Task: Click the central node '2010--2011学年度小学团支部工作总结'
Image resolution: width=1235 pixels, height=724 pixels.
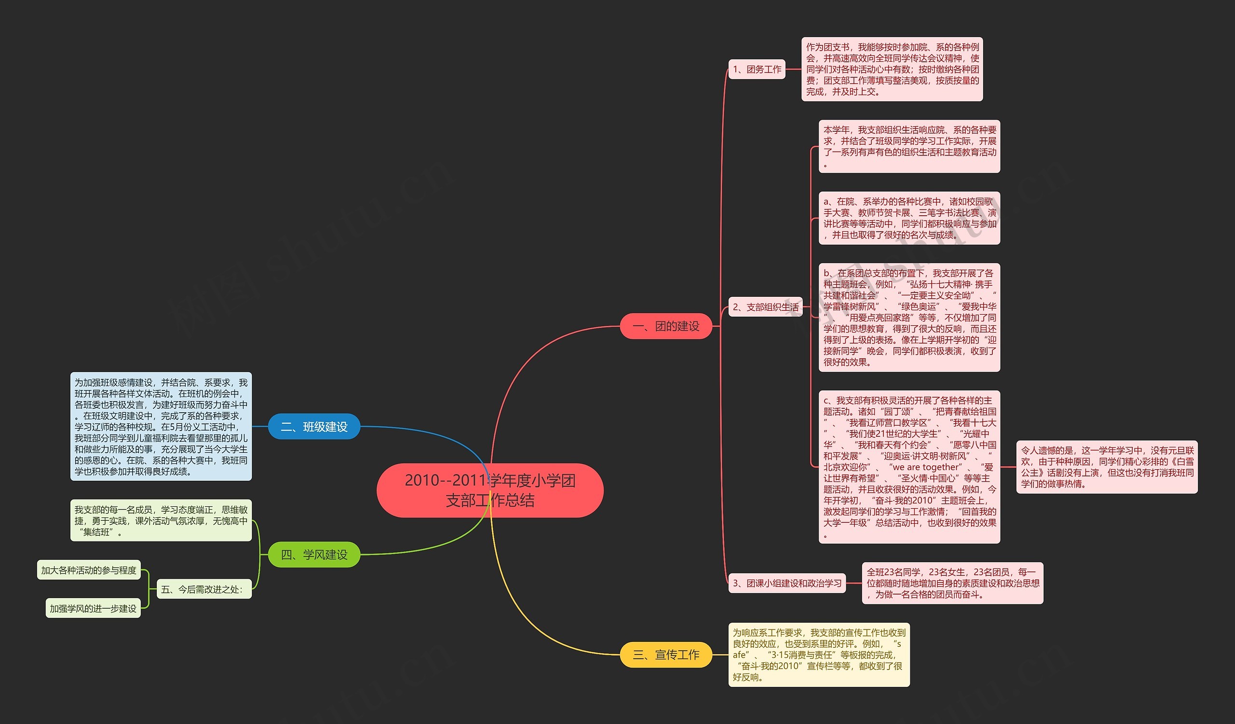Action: (490, 490)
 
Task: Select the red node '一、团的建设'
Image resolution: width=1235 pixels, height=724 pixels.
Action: (666, 326)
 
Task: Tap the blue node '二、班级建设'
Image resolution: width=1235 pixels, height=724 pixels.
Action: (314, 427)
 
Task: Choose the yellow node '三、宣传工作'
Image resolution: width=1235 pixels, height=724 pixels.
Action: (666, 654)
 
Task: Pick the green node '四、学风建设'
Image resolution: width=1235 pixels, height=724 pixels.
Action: (314, 555)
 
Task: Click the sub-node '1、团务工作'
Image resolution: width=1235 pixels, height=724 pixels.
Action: (757, 69)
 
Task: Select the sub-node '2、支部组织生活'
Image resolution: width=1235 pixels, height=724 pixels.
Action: (765, 307)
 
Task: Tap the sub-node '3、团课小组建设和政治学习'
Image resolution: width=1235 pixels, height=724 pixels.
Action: (786, 583)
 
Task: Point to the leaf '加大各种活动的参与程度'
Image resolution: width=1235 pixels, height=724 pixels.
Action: (89, 570)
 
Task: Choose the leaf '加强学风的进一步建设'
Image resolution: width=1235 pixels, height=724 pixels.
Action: (93, 608)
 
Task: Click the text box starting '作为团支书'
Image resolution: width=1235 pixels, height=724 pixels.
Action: (892, 69)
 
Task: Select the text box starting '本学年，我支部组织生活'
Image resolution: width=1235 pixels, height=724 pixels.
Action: (909, 146)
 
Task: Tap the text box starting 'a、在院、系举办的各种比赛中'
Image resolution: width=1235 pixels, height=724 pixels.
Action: (909, 218)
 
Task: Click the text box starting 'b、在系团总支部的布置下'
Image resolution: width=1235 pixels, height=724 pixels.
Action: (909, 317)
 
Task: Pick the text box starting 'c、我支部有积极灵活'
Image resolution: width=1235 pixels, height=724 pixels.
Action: (909, 467)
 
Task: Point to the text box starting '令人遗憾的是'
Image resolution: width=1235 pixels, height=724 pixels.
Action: (1107, 467)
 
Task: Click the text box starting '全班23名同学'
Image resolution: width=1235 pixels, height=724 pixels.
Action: (952, 583)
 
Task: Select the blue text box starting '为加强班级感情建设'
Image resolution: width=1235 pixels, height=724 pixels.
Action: (161, 427)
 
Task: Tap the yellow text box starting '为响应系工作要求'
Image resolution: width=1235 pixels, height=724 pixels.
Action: (819, 654)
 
